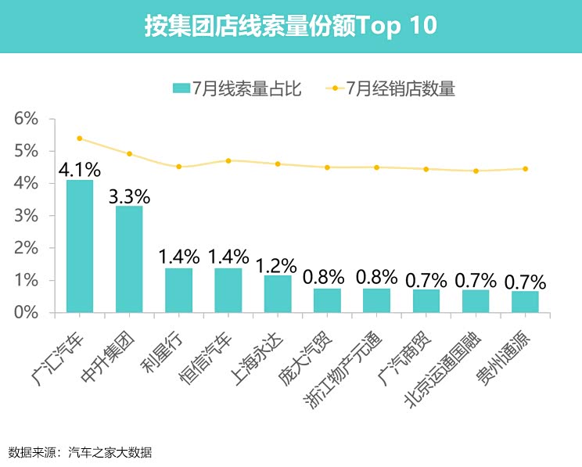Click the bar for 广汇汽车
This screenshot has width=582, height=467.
click(80, 246)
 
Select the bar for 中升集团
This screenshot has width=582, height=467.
click(129, 260)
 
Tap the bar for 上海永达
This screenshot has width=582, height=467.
click(278, 294)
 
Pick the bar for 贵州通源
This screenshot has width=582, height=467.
click(525, 302)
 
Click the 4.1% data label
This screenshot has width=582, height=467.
click(80, 169)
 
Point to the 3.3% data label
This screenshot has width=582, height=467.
click(129, 196)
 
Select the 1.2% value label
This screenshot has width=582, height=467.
click(278, 264)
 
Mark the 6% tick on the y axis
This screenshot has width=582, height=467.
click(26, 119)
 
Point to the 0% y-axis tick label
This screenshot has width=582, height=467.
click(26, 313)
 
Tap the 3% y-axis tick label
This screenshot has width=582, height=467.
click(26, 216)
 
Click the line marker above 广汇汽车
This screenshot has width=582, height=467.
click(80, 138)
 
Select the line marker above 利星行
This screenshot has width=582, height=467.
click(179, 167)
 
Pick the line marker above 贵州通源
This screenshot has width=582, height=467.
click(525, 169)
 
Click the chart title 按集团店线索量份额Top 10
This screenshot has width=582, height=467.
click(290, 26)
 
